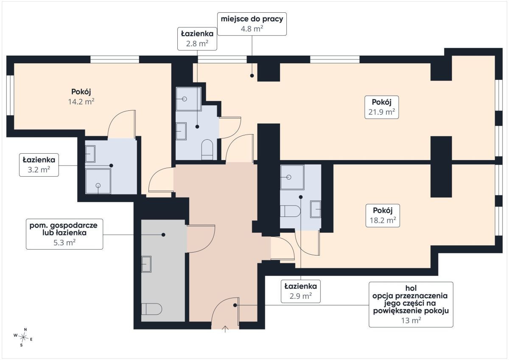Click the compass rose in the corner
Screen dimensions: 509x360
pos(23,337)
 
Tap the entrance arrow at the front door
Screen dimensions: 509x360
pos(225,329)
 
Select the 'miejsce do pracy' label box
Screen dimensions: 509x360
pos(252,24)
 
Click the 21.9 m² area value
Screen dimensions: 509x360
pos(381,112)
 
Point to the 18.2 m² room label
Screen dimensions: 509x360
pos(383,215)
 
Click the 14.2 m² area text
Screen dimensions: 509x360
pos(81,101)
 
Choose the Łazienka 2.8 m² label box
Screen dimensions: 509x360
pos(197,39)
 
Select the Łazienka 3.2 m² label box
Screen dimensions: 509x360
pos(39,165)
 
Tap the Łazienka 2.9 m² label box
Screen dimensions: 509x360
pos(301,291)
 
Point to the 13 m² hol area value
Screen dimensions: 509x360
pos(411,321)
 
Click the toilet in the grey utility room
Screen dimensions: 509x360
pos(151,309)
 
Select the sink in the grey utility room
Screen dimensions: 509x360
pos(146,264)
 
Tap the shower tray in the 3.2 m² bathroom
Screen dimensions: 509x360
pos(98,181)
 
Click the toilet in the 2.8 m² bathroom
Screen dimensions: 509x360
pos(207,149)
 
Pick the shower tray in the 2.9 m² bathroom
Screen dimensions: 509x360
pos(292,177)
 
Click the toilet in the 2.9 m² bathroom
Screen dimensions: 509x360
pos(290,211)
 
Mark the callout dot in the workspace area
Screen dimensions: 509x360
pos(252,76)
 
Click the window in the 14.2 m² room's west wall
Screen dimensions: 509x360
pos(10,95)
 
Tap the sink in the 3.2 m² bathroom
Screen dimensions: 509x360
pos(90,154)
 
